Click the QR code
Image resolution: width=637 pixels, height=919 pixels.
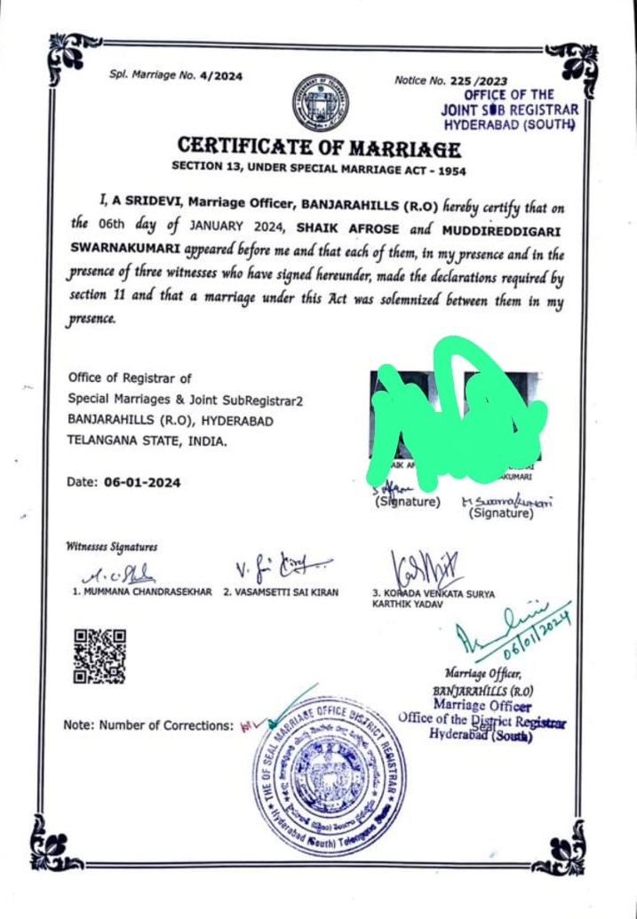click(x=99, y=655)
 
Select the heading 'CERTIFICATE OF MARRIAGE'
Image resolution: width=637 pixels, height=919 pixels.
click(x=319, y=147)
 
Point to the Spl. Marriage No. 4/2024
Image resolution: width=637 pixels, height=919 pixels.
click(x=176, y=76)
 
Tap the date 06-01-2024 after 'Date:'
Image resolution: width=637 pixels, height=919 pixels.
click(x=142, y=483)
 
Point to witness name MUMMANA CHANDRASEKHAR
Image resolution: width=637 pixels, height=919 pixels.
click(x=142, y=592)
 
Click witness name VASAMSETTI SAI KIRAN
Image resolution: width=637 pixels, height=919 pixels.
click(x=281, y=592)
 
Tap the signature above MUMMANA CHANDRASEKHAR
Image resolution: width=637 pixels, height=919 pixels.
click(x=124, y=573)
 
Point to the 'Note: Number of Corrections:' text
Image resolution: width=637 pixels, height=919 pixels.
click(x=148, y=725)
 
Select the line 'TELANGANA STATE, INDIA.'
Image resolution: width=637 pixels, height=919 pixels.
click(x=147, y=440)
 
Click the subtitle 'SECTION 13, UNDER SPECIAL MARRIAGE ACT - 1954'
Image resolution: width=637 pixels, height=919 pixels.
click(x=319, y=170)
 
